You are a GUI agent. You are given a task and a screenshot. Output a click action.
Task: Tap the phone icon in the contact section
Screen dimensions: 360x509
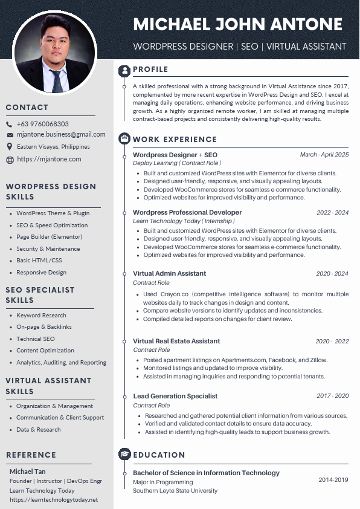tap(10, 124)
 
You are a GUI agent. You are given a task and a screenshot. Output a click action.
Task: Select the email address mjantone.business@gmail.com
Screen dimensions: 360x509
tap(61, 134)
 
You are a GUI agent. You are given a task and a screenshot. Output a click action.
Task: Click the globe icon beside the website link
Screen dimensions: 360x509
tap(10, 160)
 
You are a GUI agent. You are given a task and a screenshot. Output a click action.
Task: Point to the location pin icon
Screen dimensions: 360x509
tap(10, 146)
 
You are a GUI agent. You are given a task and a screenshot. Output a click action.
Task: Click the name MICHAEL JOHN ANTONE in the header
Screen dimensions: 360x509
tap(237, 25)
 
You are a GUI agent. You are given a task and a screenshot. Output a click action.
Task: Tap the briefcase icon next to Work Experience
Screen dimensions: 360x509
tap(124, 139)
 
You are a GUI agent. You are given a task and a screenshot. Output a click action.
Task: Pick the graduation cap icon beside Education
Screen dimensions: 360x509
tap(124, 455)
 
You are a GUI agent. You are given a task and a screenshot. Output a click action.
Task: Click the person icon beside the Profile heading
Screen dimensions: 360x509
tap(124, 70)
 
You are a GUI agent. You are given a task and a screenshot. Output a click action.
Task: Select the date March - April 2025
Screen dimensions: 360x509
tap(324, 155)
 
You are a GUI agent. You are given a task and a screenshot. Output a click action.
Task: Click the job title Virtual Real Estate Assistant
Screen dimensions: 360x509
tap(176, 341)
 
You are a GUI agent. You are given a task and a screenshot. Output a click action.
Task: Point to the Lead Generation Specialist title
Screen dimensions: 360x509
tap(175, 396)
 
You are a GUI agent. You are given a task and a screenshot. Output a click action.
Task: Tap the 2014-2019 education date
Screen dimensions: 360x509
tap(333, 480)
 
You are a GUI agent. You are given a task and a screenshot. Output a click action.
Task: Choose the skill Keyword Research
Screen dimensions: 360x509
tap(41, 315)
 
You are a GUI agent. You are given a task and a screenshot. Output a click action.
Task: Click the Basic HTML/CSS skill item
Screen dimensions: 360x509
tap(39, 261)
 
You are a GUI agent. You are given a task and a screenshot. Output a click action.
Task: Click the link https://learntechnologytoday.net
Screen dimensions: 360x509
tap(53, 500)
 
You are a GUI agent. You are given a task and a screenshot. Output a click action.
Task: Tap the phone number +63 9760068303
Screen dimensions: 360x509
tap(42, 124)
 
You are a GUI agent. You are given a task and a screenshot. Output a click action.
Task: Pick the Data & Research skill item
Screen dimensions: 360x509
tap(39, 429)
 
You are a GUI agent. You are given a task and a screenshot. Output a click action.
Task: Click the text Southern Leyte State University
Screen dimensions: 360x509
tap(175, 491)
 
